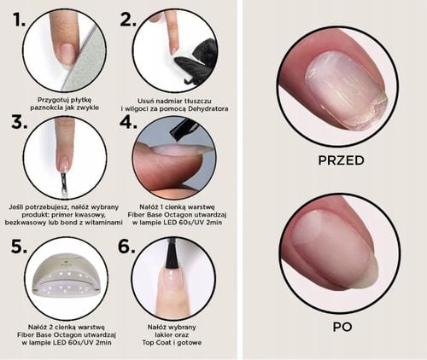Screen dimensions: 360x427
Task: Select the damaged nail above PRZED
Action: click(342, 90)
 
